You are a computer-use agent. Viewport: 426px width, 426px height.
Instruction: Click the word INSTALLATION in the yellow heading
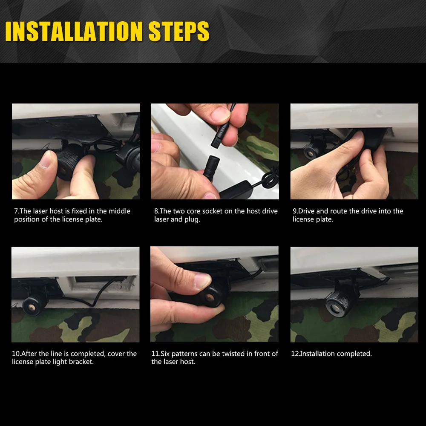point(74,31)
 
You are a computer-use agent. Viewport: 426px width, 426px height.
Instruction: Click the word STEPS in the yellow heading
point(179,31)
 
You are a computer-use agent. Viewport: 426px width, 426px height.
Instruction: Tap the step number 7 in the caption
point(16,211)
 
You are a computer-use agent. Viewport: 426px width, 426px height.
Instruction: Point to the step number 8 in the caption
point(156,211)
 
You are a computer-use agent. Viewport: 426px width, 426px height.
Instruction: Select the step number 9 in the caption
point(294,211)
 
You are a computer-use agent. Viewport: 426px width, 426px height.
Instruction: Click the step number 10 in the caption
point(15,354)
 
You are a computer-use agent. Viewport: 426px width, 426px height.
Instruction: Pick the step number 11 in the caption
point(155,354)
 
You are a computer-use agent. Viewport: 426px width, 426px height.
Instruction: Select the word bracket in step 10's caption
point(81,362)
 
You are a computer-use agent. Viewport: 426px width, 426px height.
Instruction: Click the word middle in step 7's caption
point(120,211)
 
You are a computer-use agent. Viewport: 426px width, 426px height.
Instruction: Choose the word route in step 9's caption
point(339,211)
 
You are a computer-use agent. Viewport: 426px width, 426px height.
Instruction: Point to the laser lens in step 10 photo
point(32,307)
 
